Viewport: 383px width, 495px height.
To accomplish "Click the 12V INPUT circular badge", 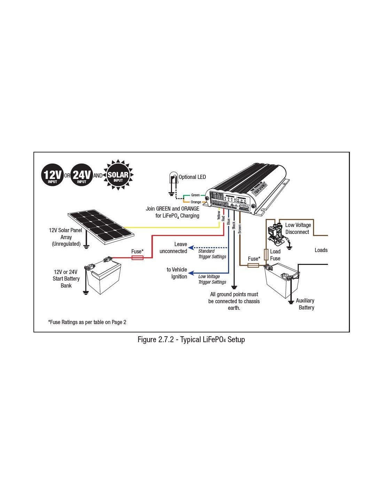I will tap(52, 175).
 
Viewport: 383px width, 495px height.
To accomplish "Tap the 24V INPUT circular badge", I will tap(81, 175).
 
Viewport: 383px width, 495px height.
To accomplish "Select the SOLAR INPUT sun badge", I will tap(118, 175).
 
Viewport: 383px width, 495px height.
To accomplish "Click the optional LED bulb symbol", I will tap(173, 178).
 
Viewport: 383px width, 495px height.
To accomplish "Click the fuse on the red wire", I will tap(137, 258).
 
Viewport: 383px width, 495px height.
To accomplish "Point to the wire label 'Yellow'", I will tap(219, 215).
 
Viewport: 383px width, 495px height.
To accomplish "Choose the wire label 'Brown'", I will tap(240, 228).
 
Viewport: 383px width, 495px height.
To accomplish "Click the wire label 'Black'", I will tap(234, 225).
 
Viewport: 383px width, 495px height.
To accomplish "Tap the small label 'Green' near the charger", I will tap(195, 195).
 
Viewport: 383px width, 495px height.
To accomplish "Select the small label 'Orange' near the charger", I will tap(196, 202).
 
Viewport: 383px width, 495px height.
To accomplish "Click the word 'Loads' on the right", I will tap(321, 250).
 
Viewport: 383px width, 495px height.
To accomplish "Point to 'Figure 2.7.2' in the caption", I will tap(155, 339).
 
